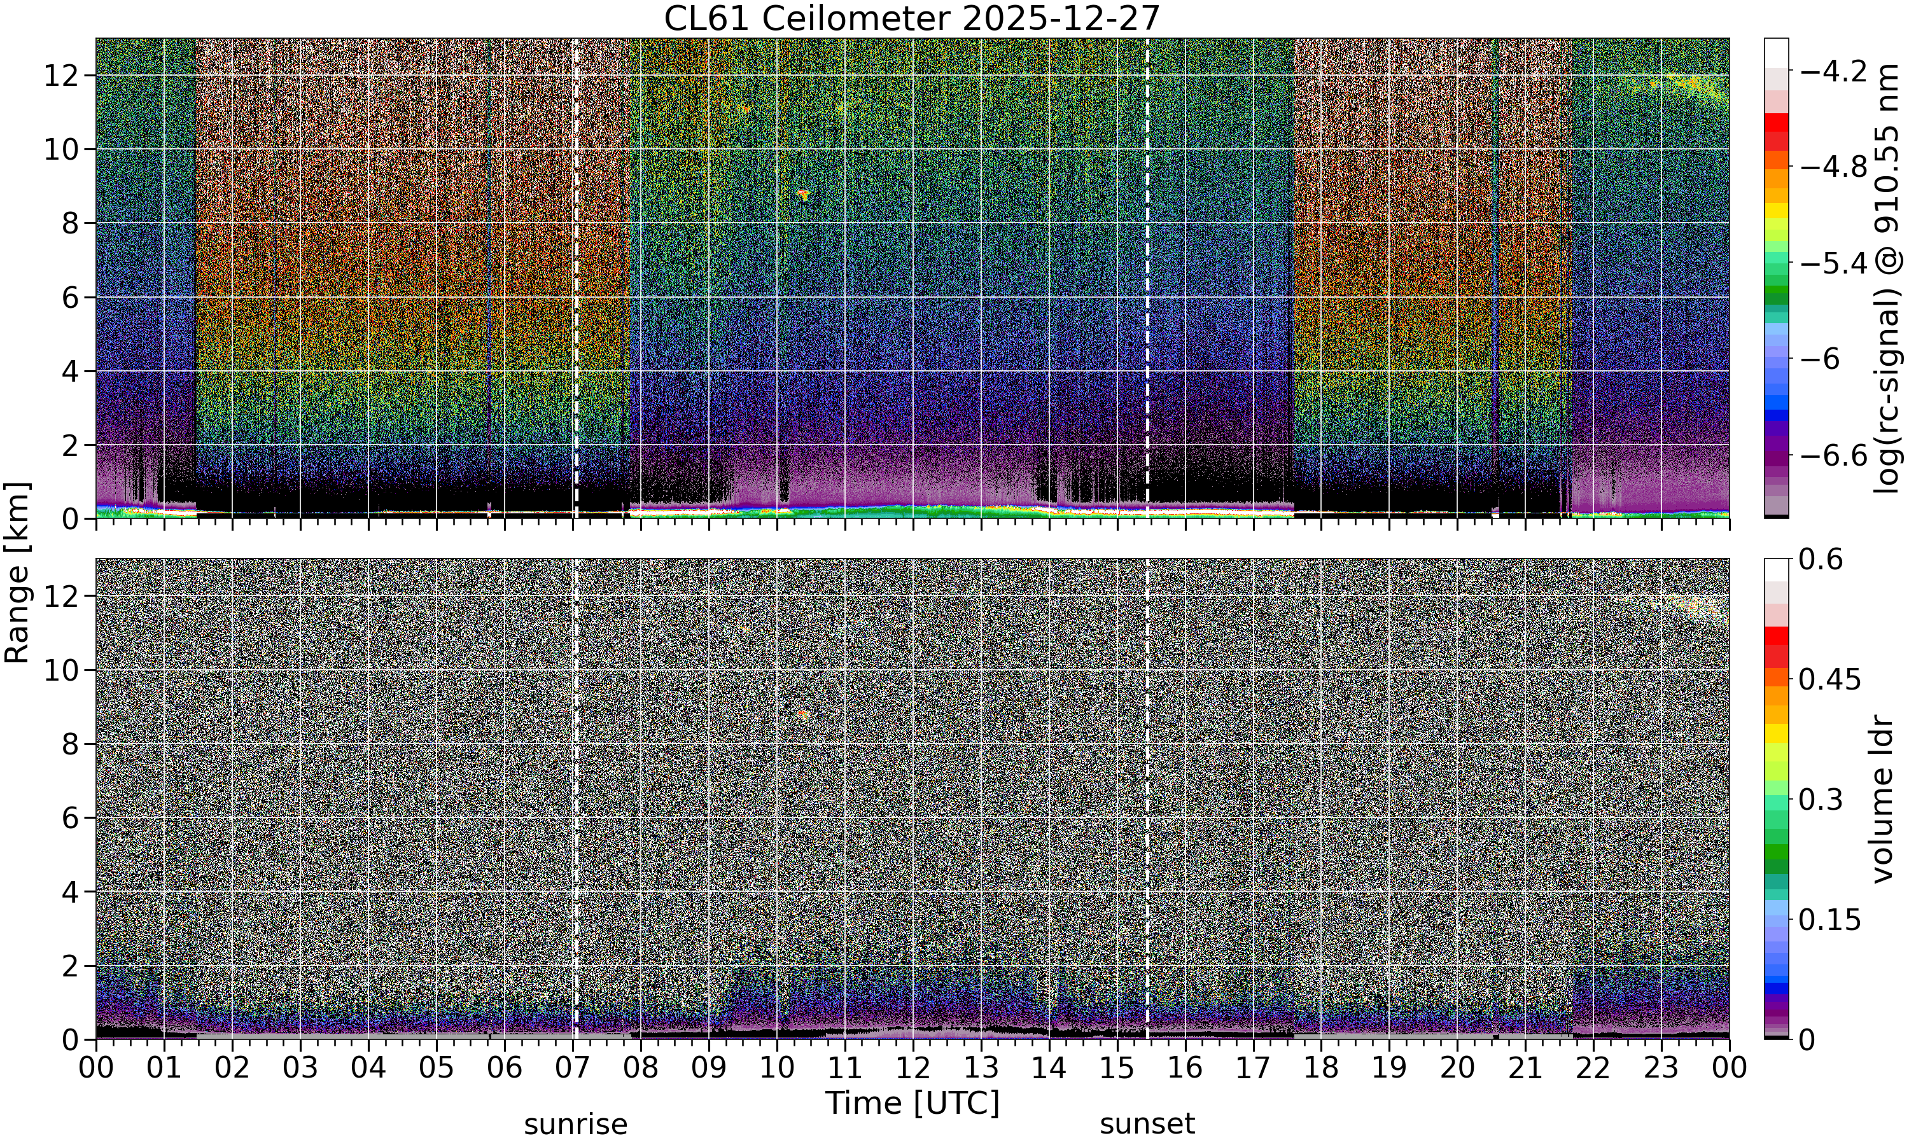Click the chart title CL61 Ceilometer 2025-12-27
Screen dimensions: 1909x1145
[911, 18]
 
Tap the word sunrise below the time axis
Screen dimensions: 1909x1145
[576, 1124]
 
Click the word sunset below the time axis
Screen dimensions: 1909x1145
[1147, 1124]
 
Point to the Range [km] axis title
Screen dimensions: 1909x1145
[17, 572]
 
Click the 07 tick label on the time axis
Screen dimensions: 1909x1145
[572, 1069]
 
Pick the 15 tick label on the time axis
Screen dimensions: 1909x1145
[1117, 1069]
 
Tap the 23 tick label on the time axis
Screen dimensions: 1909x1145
[1661, 1069]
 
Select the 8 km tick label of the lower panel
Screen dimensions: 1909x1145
[70, 744]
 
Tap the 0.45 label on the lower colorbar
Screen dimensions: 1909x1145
[1829, 680]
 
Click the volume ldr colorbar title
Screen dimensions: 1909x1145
[1883, 800]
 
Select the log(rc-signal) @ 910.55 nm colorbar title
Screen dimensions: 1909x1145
[1887, 279]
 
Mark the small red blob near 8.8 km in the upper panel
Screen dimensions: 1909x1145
[803, 193]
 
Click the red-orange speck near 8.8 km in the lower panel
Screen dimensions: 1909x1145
[803, 714]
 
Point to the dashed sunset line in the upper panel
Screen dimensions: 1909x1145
[1147, 278]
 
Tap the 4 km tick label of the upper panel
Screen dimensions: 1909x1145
[70, 371]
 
